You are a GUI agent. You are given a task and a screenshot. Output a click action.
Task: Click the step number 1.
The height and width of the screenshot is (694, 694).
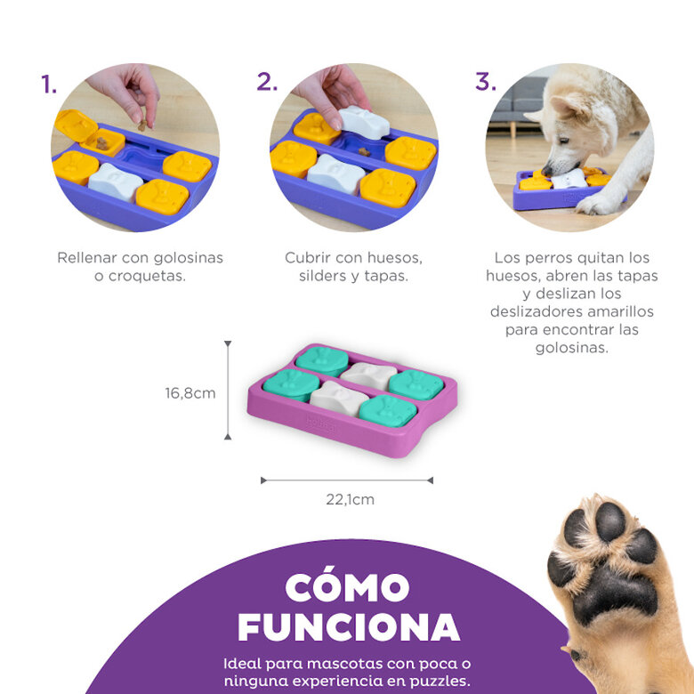click(x=49, y=85)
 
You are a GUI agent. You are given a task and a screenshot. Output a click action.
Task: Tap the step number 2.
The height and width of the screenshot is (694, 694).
click(x=267, y=83)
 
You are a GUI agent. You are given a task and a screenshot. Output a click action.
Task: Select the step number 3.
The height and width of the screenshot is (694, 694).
click(x=485, y=82)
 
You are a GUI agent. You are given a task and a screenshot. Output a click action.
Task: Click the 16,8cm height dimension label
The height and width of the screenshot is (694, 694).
click(x=190, y=392)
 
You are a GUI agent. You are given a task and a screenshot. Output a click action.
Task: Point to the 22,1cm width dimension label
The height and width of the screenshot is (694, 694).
click(x=350, y=499)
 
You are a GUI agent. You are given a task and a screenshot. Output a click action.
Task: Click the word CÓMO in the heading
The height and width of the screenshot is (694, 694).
click(x=348, y=587)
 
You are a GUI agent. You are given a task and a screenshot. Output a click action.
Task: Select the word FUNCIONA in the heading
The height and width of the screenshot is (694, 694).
click(x=348, y=626)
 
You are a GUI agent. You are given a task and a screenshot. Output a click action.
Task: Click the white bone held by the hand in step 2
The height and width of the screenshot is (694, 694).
click(x=365, y=122)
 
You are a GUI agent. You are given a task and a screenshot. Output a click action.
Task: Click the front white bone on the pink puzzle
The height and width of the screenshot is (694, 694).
click(x=338, y=398)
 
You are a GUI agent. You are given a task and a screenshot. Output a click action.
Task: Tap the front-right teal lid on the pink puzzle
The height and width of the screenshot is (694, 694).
click(x=387, y=411)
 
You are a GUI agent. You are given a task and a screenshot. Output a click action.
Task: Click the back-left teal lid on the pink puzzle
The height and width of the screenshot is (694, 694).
click(x=322, y=359)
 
